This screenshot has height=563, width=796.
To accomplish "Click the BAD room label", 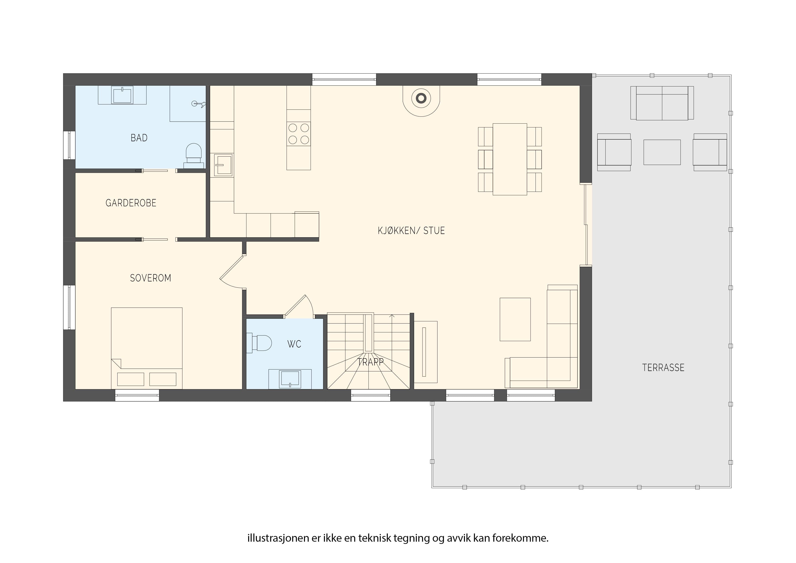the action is tap(139, 138).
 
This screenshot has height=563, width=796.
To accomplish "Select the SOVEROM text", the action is tap(150, 278).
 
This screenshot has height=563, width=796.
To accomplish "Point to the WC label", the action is tap(294, 344).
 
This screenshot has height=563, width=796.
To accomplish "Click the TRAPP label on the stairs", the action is tap(370, 362).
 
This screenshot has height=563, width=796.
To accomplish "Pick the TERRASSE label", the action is tap(663, 368).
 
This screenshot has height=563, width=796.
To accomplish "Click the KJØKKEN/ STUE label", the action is tap(411, 231).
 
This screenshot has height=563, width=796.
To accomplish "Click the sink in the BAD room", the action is tap(122, 95).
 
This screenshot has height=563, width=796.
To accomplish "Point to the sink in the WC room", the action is tap(290, 379).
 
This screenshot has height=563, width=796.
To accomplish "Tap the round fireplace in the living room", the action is tap(421, 99).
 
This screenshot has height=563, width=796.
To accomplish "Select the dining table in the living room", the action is tap(510, 159).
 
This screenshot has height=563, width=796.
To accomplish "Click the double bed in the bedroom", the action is tap(147, 348).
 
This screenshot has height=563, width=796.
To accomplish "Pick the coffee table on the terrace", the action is tap(662, 152).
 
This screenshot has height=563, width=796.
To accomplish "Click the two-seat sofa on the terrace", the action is tap(662, 103).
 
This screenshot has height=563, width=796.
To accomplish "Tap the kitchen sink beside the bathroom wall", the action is tap(223, 165).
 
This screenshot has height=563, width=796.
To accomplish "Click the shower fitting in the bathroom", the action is tap(199, 103).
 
